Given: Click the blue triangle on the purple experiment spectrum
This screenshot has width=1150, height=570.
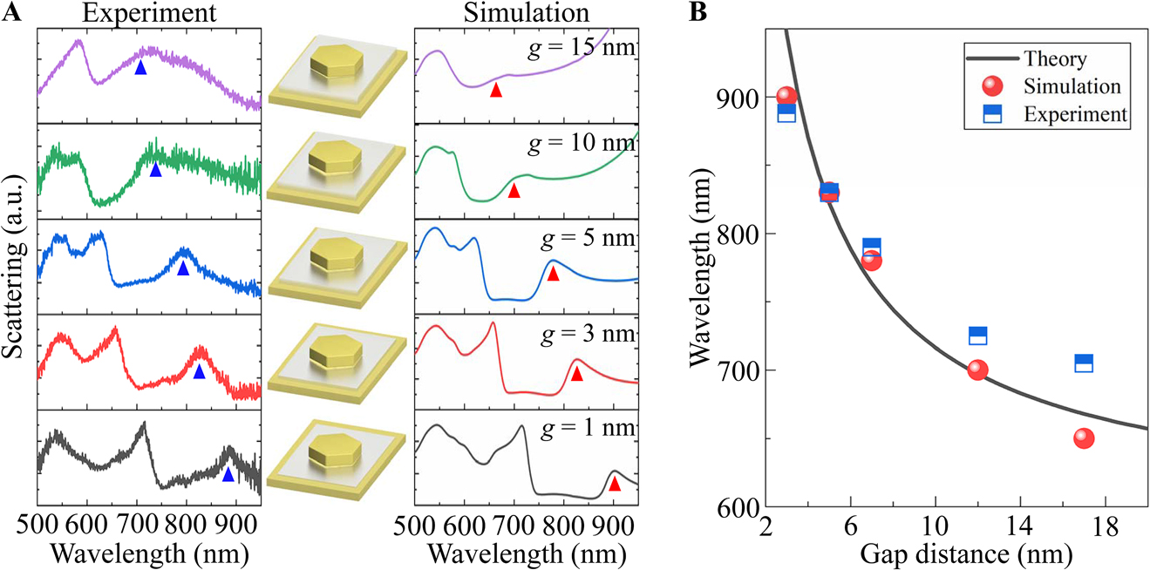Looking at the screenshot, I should (x=140, y=67).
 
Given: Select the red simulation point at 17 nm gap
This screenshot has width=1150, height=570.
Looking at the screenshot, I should (x=1084, y=438).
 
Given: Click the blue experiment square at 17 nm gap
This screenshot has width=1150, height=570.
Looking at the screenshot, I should (x=1084, y=363).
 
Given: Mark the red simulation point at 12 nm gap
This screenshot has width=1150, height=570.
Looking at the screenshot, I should (x=977, y=370).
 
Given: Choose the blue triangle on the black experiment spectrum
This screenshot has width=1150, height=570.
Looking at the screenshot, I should (x=228, y=475).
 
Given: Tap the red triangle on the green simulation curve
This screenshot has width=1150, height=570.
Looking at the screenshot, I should (x=514, y=191).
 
